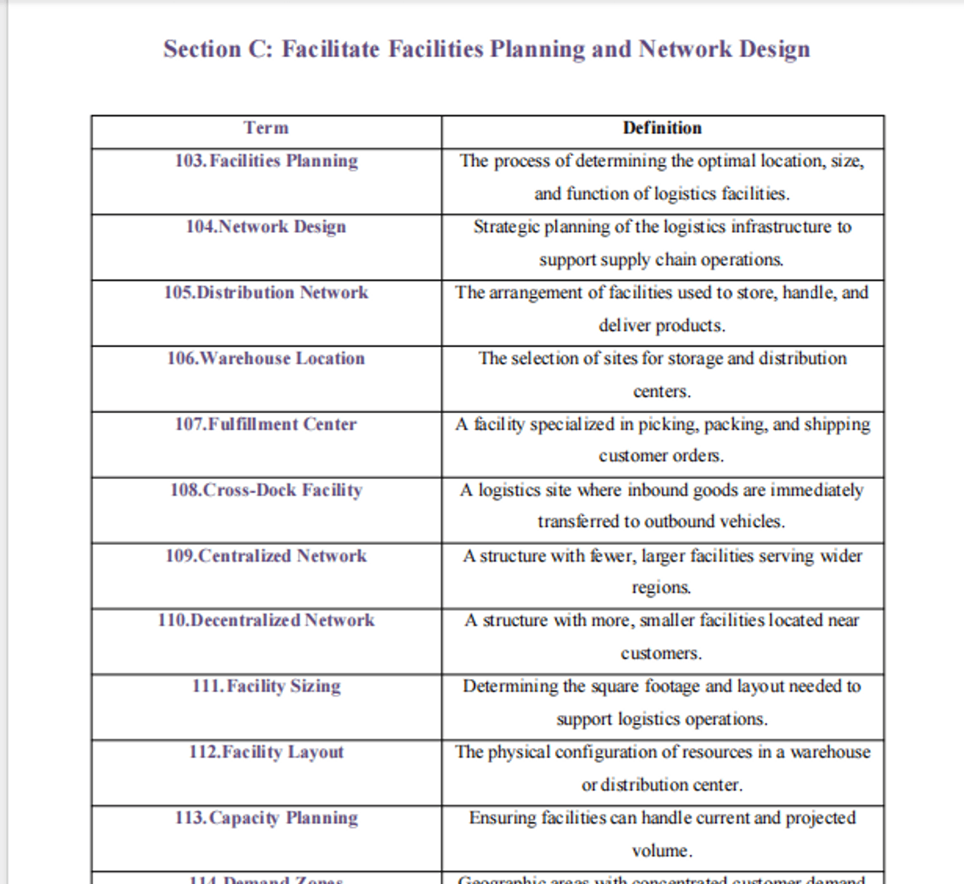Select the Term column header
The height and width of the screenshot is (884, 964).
pos(266,128)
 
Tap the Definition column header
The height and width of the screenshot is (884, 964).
pos(662,128)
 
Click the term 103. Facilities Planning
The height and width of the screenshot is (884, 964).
pos(266,161)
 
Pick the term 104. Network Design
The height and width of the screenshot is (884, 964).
pos(266,227)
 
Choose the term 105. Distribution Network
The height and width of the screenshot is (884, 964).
pos(266,293)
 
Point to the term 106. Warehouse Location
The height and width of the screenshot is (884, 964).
pos(266,358)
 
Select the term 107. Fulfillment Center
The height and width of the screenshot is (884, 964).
pos(266,424)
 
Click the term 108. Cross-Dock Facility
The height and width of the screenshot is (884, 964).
pos(266,490)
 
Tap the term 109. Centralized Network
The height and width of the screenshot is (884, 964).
pos(266,556)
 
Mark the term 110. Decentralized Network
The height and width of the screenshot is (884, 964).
pos(266,620)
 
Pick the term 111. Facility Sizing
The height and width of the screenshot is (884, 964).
pos(266,686)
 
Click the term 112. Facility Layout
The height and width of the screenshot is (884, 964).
pos(266,752)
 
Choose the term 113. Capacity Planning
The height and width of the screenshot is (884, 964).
pos(266,818)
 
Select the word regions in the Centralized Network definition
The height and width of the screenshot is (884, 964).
pos(660,588)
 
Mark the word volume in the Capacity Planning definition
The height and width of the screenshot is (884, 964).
pos(660,851)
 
